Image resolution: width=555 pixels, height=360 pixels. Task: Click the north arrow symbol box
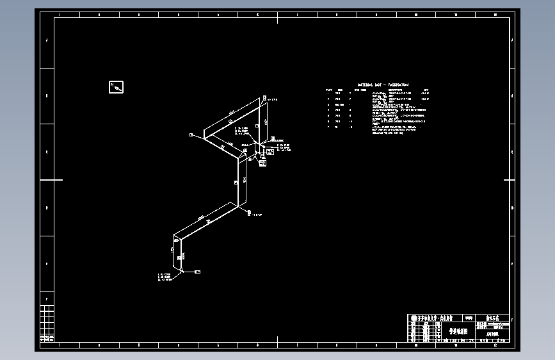point(117,86)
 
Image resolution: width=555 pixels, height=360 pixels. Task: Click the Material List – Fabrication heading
point(383,85)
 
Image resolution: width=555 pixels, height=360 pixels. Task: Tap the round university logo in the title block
point(414,318)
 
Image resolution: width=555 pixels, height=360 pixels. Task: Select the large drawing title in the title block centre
point(458,332)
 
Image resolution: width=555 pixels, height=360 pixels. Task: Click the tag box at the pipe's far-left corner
point(191,135)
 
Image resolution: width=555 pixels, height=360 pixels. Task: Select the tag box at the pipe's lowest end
point(198,272)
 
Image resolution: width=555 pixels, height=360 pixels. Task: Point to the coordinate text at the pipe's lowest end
point(164,277)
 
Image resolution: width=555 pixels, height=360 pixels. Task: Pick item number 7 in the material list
point(328,127)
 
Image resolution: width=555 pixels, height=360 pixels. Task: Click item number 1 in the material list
point(328,94)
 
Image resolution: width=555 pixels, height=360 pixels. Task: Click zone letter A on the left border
point(47,40)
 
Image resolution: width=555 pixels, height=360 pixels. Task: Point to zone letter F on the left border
point(47,299)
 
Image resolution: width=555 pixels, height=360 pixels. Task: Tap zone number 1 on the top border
point(59,13)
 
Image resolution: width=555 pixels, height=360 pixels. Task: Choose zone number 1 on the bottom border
point(59,346)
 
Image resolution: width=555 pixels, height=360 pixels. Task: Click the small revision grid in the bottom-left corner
point(47,323)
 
